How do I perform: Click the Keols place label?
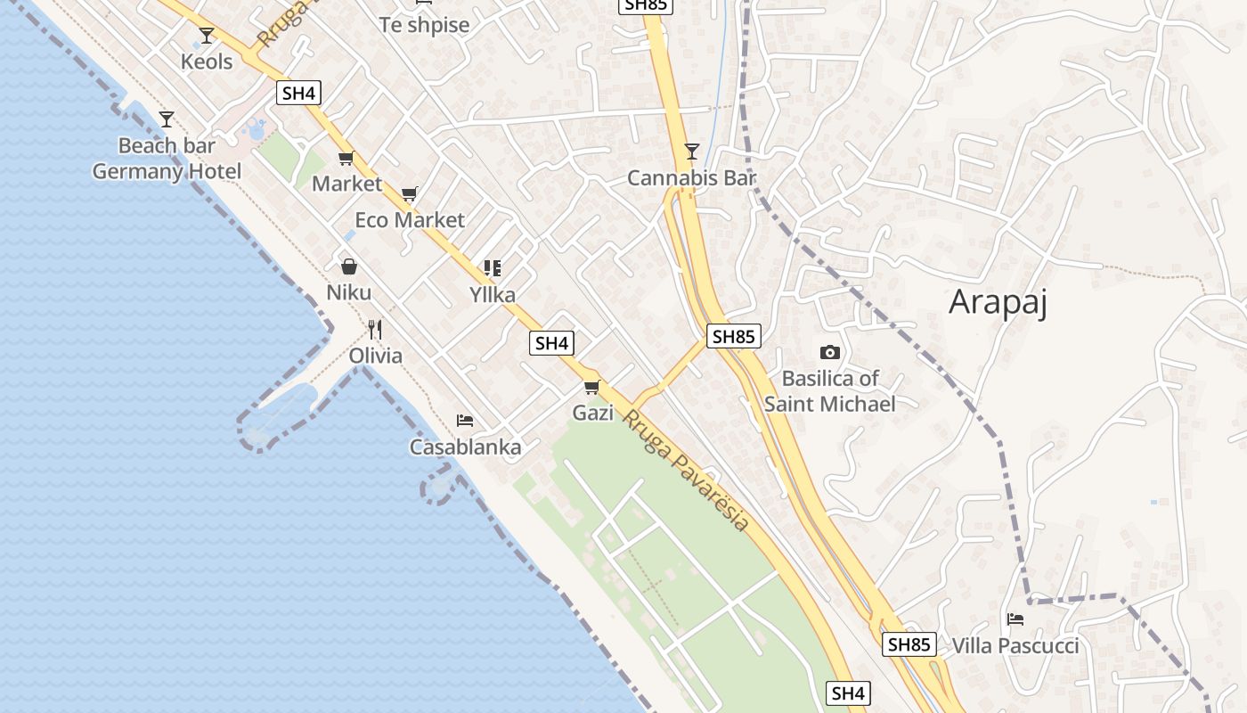[207, 61]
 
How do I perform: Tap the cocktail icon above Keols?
[207, 36]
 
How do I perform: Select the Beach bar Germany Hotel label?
[167, 159]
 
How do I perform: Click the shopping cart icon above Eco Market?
[410, 193]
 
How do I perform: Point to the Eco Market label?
[410, 220]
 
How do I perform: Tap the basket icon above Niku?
[349, 266]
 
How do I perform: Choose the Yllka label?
[493, 294]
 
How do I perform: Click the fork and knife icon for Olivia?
[375, 330]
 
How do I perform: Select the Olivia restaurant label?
[375, 356]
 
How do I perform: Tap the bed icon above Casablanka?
[465, 421]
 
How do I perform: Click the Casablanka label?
[465, 447]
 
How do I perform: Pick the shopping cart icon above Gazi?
[592, 387]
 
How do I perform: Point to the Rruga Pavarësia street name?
[686, 470]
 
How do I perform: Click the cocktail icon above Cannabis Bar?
[692, 152]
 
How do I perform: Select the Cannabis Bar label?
[691, 178]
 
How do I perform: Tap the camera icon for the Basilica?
[830, 353]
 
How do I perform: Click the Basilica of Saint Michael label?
[830, 391]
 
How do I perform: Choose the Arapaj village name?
[998, 302]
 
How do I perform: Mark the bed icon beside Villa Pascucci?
[1015, 619]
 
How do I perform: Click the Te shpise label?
[424, 25]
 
